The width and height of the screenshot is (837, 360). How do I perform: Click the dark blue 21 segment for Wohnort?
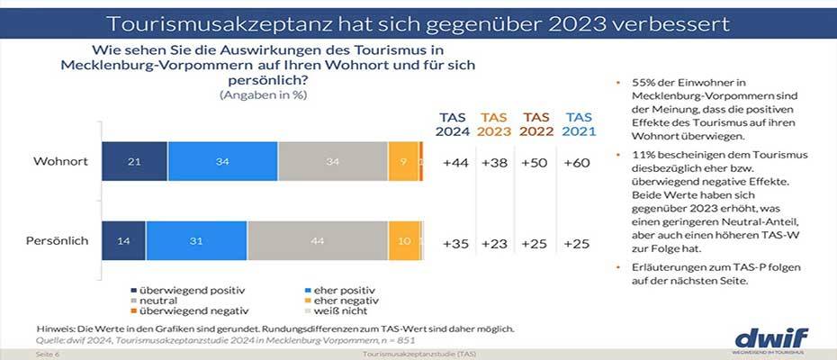pyautogui.click(x=133, y=162)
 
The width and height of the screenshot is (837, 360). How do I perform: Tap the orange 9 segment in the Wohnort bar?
pyautogui.click(x=402, y=162)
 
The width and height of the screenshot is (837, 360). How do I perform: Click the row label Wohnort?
pyautogui.click(x=59, y=162)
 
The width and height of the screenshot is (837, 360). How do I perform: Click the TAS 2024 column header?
pyautogui.click(x=453, y=124)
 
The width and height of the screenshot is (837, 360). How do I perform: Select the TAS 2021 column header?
pyautogui.click(x=578, y=124)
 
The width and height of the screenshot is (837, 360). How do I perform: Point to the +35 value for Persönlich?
pyautogui.click(x=453, y=244)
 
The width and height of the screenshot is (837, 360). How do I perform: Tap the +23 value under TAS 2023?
pyautogui.click(x=494, y=244)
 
